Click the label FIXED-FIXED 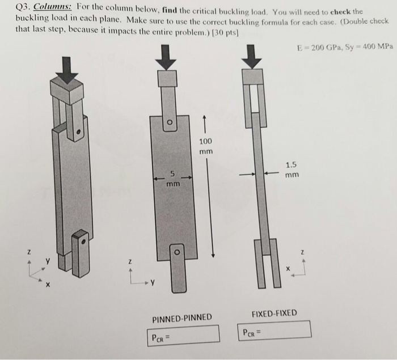tap(274, 313)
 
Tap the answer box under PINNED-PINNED tap(183, 334)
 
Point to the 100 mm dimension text tap(206, 146)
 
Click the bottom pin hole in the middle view tap(178, 249)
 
